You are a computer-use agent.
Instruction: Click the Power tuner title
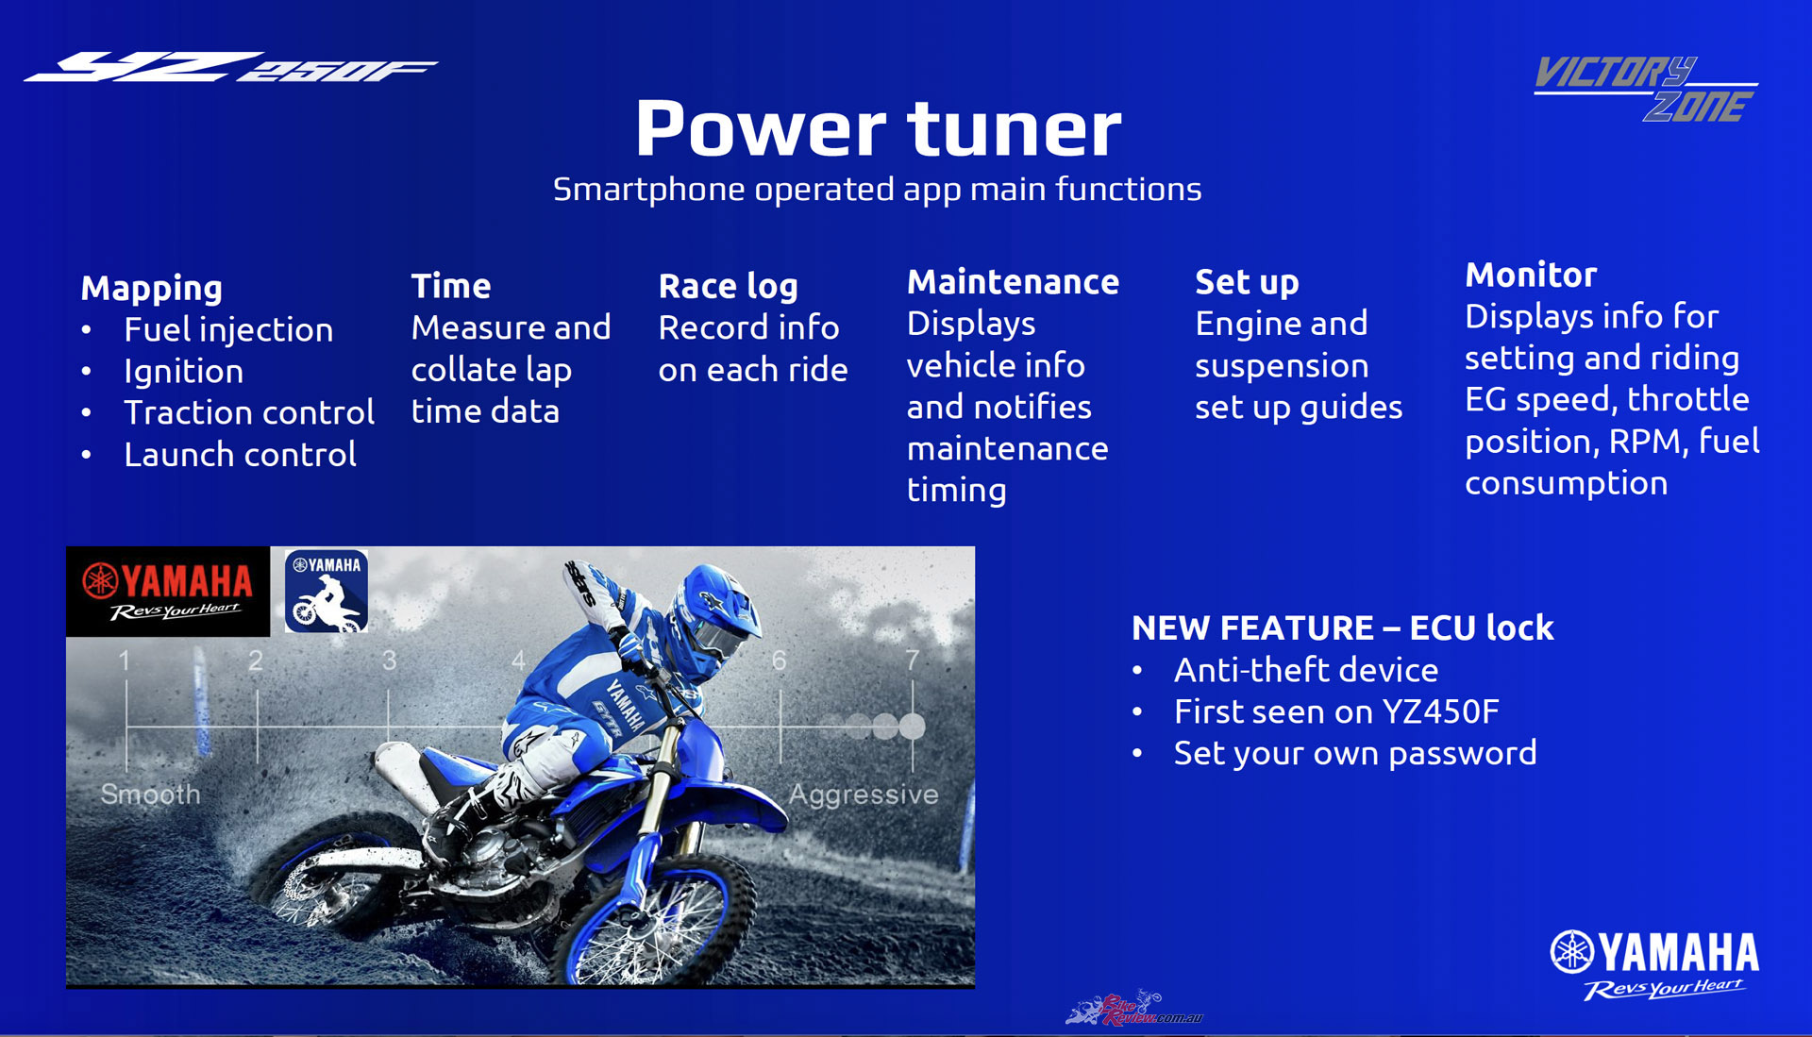tap(878, 129)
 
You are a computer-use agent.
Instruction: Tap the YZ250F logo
tap(230, 67)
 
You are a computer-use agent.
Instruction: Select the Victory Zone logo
tap(1646, 89)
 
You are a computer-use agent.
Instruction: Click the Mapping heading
tap(152, 288)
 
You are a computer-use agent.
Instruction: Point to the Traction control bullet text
tap(249, 412)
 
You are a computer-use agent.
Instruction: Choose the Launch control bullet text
tap(241, 454)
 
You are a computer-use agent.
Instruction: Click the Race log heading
tap(729, 286)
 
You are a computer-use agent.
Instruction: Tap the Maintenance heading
tap(1013, 282)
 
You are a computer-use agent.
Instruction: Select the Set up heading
tap(1247, 283)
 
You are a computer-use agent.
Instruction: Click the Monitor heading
tap(1531, 275)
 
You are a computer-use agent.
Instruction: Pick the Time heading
tap(451, 286)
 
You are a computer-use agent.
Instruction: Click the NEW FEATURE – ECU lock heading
tap(1342, 627)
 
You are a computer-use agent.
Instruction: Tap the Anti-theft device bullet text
tap(1306, 670)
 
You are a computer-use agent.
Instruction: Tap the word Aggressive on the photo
tap(864, 794)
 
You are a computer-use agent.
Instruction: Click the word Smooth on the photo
tap(151, 794)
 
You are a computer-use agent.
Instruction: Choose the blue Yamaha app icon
tap(327, 591)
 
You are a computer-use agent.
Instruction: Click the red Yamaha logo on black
tap(168, 592)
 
